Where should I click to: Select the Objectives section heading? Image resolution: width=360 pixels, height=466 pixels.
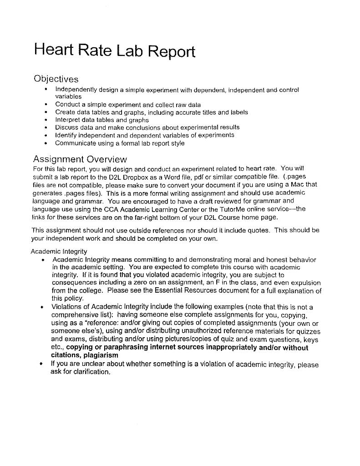(x=56, y=79)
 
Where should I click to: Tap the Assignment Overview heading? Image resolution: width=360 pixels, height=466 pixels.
(x=80, y=159)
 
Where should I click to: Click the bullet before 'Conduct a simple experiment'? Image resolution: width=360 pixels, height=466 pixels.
(x=46, y=104)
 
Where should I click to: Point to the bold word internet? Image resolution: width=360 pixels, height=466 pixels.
(x=162, y=347)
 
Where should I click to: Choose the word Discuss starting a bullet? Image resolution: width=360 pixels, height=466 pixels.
(x=66, y=127)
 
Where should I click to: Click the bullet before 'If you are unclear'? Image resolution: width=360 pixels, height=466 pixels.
(x=42, y=364)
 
